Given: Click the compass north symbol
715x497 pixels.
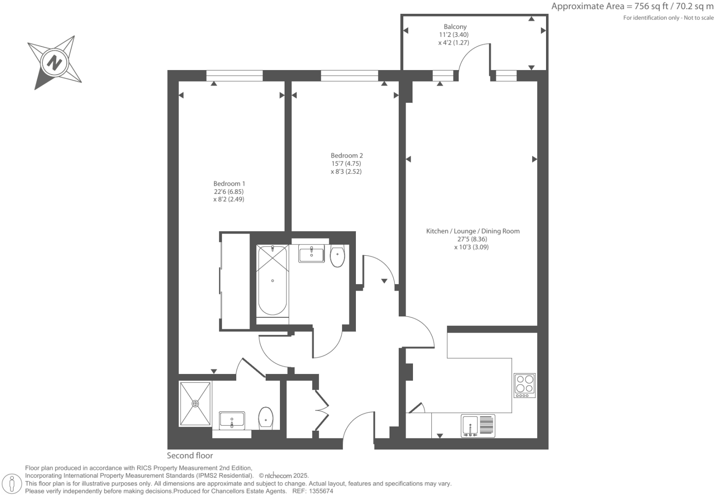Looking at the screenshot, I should (55, 62).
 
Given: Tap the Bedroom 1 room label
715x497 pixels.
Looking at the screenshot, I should (229, 184).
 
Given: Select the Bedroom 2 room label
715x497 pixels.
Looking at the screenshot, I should (346, 156).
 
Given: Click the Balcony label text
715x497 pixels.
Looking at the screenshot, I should (455, 27).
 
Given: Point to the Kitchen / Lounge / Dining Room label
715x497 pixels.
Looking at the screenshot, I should (472, 231).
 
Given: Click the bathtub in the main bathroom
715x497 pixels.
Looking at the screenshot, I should (273, 281).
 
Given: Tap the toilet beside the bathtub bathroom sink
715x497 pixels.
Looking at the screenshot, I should (337, 256).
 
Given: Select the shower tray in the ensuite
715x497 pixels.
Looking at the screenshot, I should (196, 403).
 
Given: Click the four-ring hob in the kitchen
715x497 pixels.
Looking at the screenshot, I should (524, 385).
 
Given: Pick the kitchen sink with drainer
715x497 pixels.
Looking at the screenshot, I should (478, 426).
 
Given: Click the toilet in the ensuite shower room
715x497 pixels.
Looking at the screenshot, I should (266, 418).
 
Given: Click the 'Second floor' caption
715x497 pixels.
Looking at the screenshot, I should (190, 456).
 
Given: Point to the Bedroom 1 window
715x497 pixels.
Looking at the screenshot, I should (234, 76).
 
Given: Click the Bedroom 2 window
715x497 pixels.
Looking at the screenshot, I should (349, 76).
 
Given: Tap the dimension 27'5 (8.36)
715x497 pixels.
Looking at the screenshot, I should (472, 239).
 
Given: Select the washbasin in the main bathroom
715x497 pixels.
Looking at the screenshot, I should (311, 254).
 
